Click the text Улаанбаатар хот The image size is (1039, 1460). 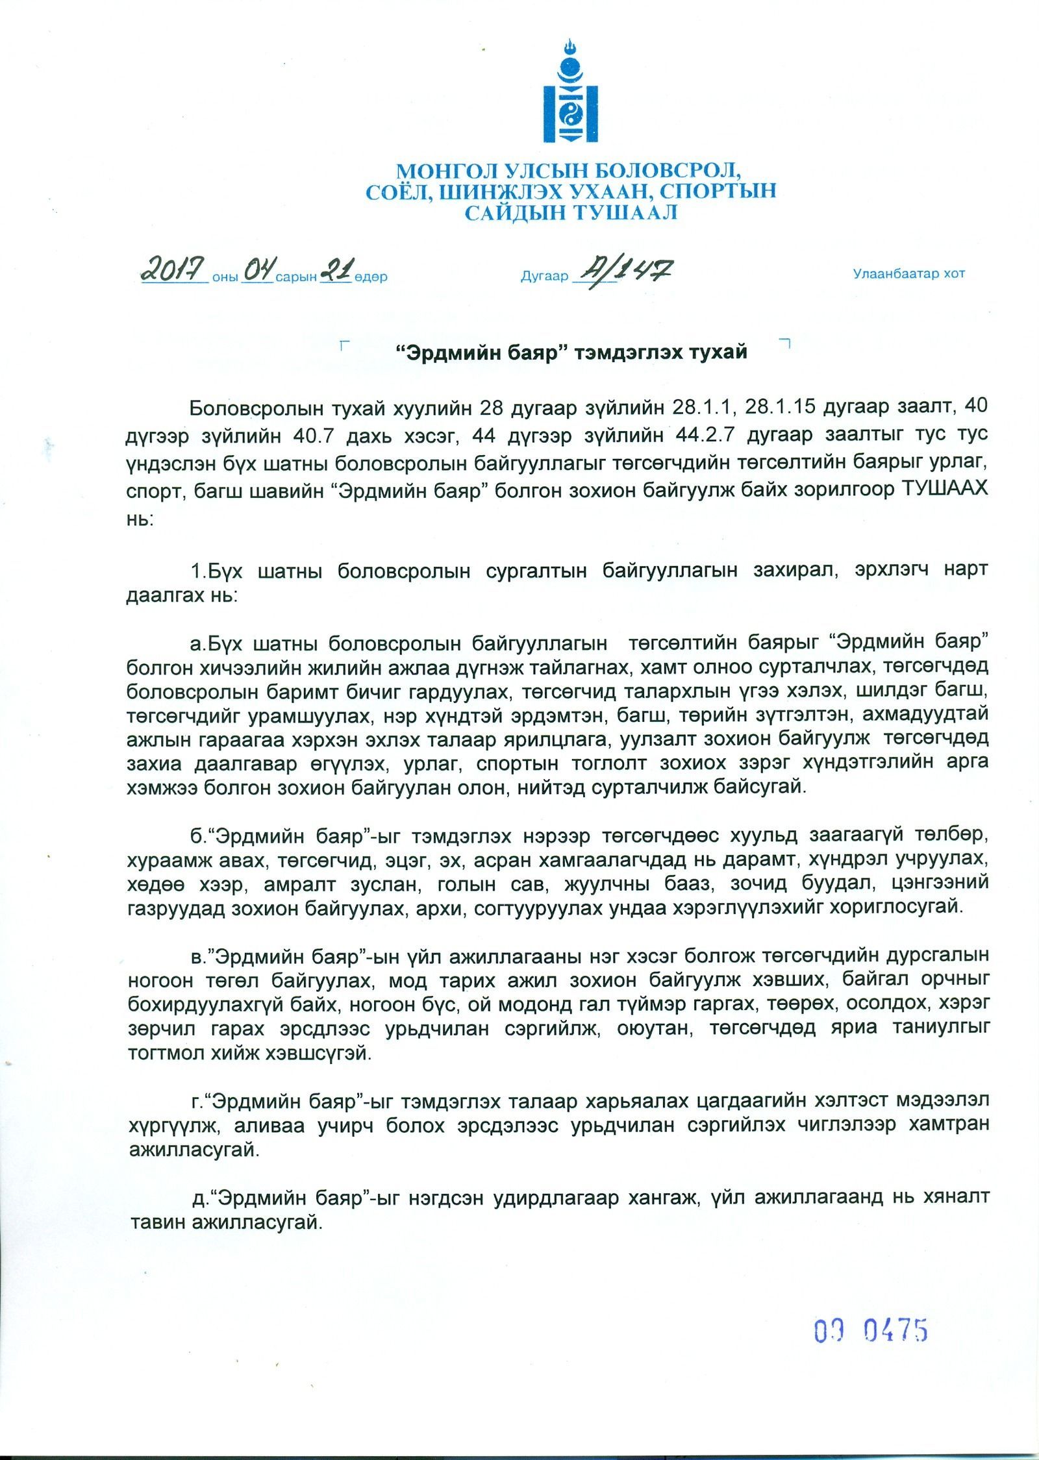[x=908, y=273]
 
